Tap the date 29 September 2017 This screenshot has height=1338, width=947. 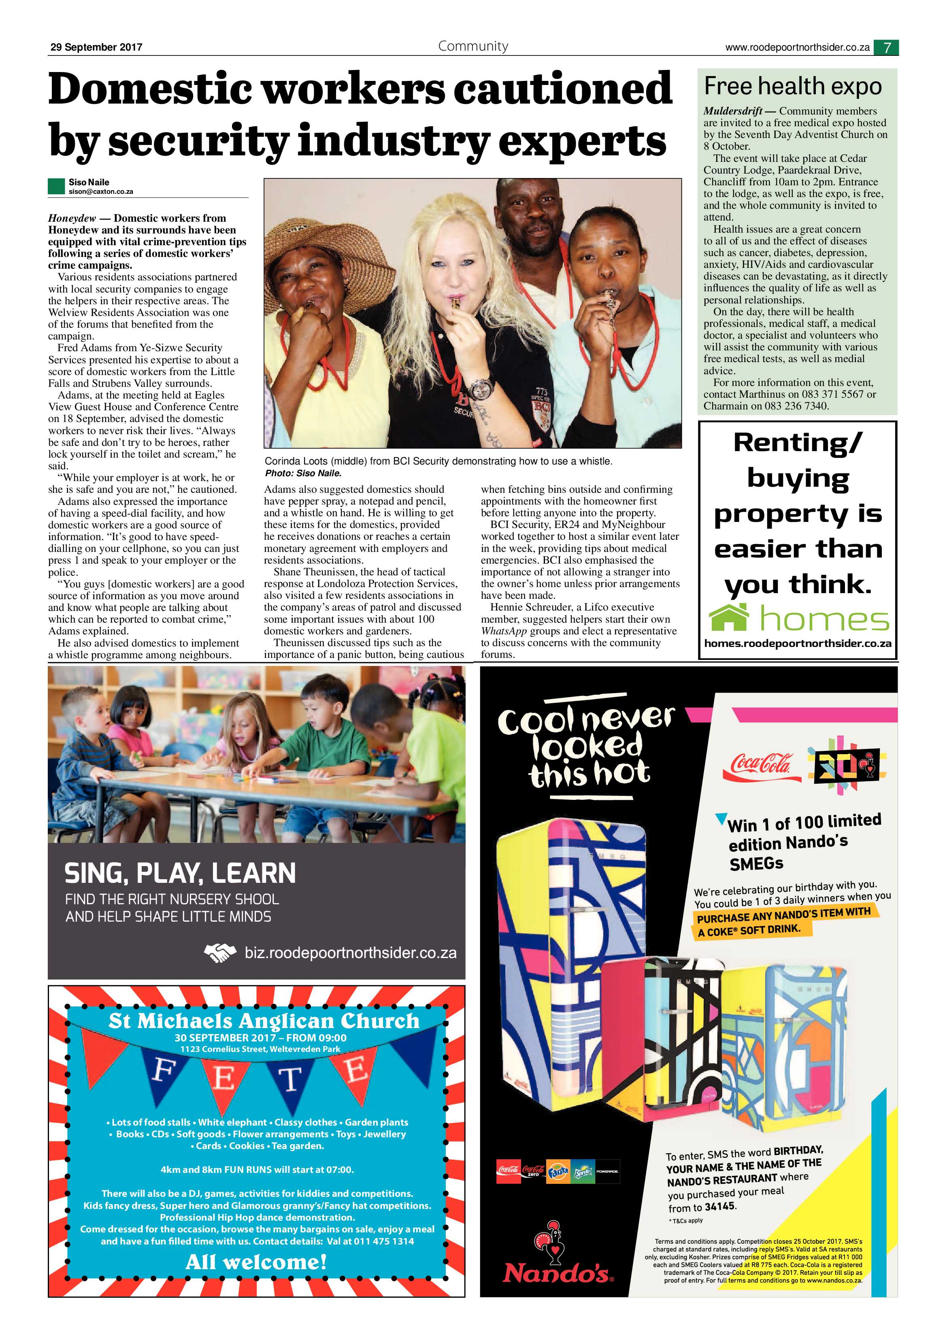(x=96, y=47)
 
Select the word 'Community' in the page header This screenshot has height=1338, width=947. (x=473, y=46)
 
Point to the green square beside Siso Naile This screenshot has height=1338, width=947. (x=56, y=186)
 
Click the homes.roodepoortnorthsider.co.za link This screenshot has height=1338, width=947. (x=797, y=643)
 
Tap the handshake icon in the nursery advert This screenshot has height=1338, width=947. (x=220, y=953)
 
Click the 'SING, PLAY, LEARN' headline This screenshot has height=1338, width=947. (x=180, y=873)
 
